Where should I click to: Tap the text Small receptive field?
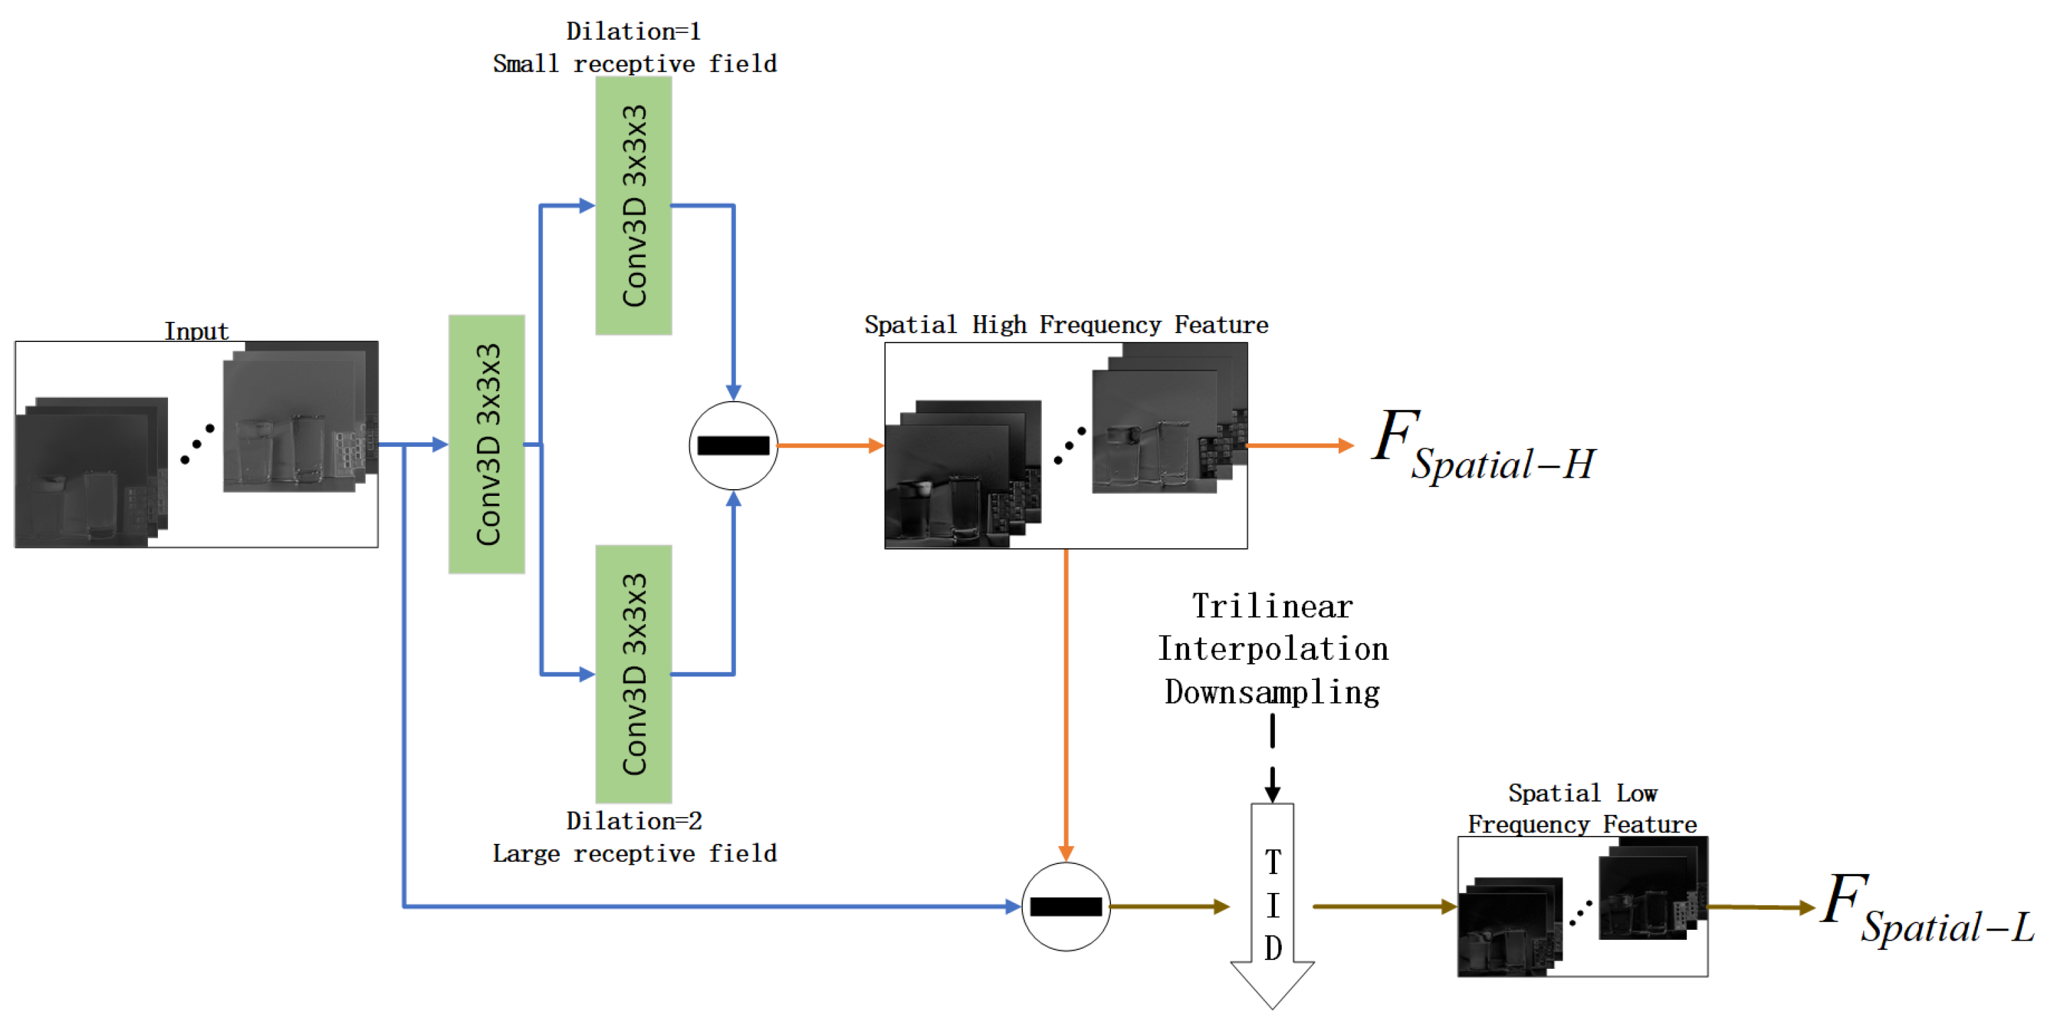(x=634, y=64)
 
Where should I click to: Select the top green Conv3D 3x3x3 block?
(x=634, y=206)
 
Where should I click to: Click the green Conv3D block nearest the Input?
(x=487, y=445)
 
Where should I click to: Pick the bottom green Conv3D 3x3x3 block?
(x=634, y=675)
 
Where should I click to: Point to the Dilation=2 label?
(x=634, y=820)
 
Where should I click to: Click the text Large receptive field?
(x=634, y=853)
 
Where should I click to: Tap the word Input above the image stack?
(x=196, y=331)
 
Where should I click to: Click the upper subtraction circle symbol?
(x=733, y=445)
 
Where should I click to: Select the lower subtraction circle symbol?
(x=1065, y=906)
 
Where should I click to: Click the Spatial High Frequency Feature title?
(x=1065, y=325)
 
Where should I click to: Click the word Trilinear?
(x=1272, y=607)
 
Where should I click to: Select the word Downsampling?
(x=1272, y=692)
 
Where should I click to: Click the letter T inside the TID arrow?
(x=1273, y=862)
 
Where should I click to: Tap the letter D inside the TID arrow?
(x=1273, y=948)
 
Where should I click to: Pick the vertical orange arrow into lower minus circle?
(x=1065, y=702)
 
